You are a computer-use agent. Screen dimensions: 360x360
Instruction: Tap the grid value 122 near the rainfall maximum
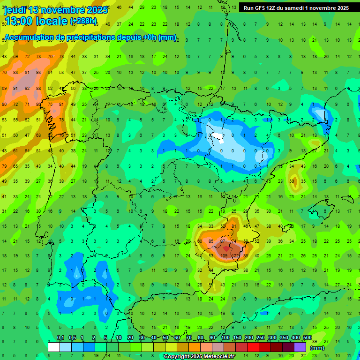(235, 256)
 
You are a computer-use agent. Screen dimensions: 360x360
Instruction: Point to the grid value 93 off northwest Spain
(38, 73)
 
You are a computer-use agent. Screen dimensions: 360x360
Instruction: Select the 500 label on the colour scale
(307, 338)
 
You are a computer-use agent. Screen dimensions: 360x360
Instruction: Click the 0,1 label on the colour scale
(60, 338)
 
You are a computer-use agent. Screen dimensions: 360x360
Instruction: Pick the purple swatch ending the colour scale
(300, 347)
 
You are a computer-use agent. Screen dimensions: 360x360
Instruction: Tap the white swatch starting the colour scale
(54, 347)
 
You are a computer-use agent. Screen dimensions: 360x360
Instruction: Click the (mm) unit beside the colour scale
(317, 348)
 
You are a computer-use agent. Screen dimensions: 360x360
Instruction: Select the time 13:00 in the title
(23, 21)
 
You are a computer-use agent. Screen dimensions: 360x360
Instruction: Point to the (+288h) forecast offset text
(83, 21)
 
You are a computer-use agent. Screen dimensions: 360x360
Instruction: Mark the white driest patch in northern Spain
(217, 136)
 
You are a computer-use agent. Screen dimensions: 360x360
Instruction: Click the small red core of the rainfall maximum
(226, 248)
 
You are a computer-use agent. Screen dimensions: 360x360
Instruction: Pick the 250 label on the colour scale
(260, 338)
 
